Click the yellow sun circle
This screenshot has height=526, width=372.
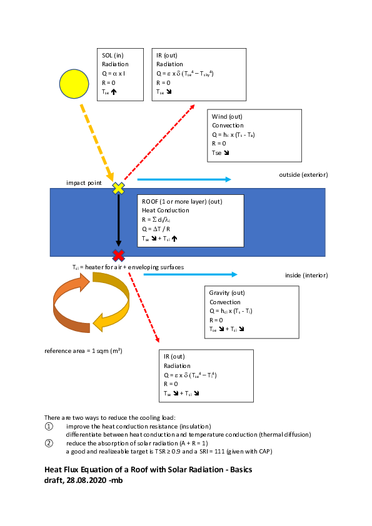coord(75,84)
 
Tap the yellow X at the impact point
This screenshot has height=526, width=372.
coord(118,187)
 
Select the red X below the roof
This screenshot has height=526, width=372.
coord(118,255)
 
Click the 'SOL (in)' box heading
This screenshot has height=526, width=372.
coord(113,56)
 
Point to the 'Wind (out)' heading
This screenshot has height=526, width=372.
coord(227,117)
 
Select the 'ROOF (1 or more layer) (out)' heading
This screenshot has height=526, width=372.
coord(182,202)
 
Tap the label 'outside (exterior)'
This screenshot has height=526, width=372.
coord(303,174)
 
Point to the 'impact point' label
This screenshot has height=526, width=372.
coord(84,182)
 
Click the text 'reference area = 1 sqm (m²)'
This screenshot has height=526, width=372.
coord(83,350)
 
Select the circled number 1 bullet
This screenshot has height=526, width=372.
coord(49,426)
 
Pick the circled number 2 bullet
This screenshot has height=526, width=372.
coord(49,443)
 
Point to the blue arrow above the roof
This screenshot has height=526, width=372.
coord(184,179)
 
